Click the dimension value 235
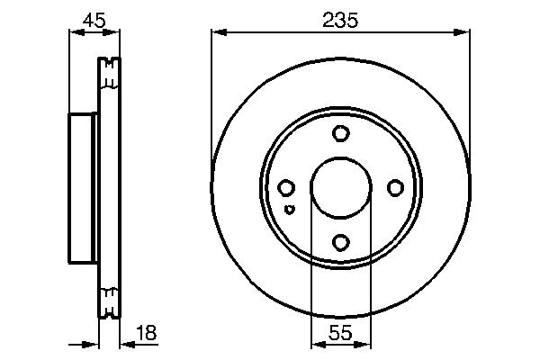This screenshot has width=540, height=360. (x=340, y=19)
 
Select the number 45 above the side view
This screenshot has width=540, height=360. (x=93, y=19)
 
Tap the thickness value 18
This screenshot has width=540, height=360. (x=146, y=333)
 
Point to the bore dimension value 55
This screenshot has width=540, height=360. (x=339, y=333)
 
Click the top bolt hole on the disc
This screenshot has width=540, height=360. (x=340, y=134)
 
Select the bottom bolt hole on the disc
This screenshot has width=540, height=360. (x=340, y=242)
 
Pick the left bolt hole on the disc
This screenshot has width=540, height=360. (x=286, y=188)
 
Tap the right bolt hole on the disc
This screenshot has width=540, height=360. (x=394, y=188)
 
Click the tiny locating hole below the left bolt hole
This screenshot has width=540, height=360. (x=289, y=209)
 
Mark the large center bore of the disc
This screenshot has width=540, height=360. (x=340, y=188)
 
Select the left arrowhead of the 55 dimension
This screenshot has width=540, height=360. (x=315, y=344)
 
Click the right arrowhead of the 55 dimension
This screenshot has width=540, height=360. (x=364, y=344)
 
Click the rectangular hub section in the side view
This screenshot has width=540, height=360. (x=83, y=188)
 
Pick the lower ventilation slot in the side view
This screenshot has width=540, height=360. (x=108, y=301)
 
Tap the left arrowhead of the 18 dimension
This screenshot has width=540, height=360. (x=92, y=344)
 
